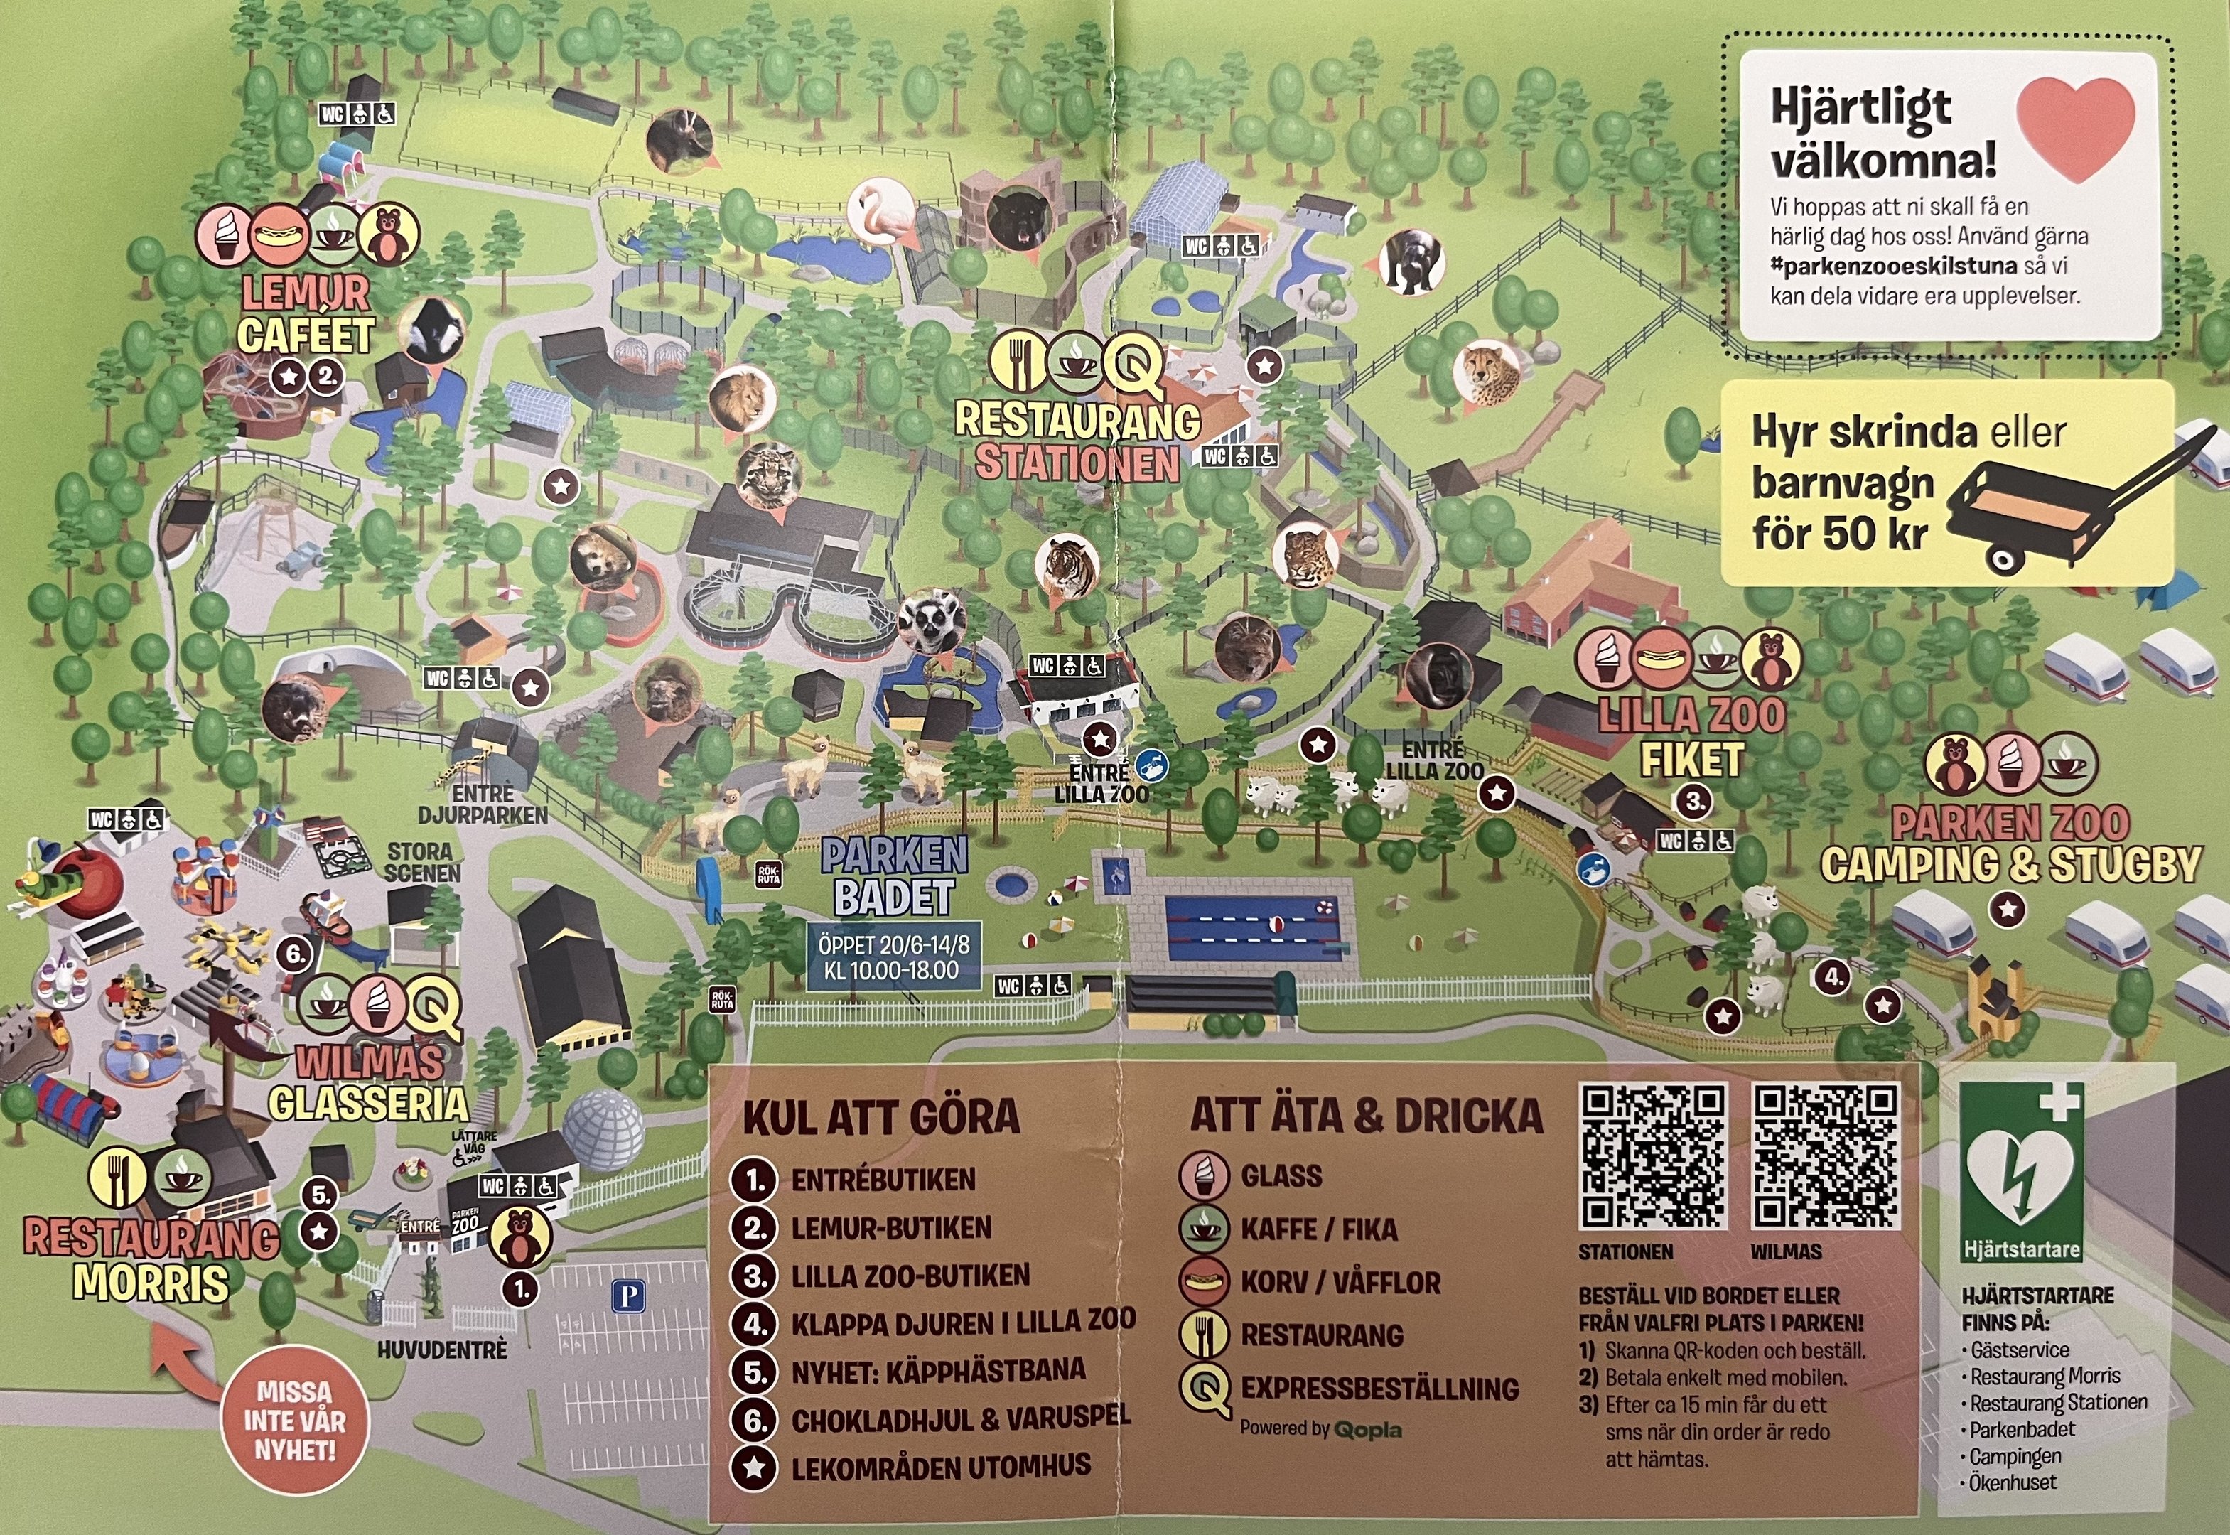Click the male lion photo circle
(741, 397)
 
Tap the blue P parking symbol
(628, 1296)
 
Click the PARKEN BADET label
(893, 876)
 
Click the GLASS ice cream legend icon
(1204, 1175)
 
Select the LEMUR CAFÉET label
(305, 315)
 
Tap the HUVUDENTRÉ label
(441, 1350)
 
